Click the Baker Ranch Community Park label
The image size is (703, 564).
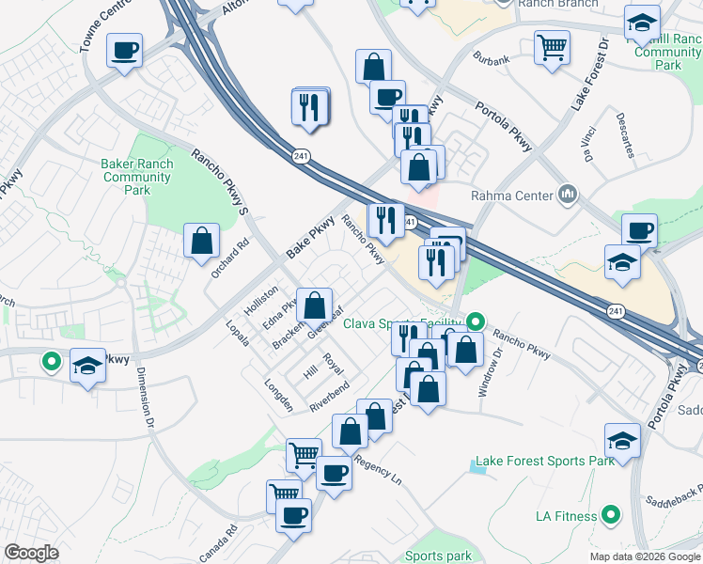(x=137, y=177)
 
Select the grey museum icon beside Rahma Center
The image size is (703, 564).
(x=568, y=195)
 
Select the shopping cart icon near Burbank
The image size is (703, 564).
(x=552, y=47)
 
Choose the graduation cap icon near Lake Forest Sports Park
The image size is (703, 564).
(x=621, y=440)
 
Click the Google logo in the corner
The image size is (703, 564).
(x=31, y=553)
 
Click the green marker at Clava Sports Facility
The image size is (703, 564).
(x=476, y=321)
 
